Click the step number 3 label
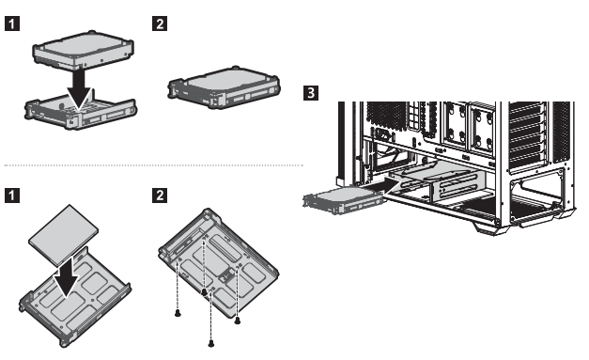[310, 92]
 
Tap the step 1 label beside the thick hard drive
[12, 23]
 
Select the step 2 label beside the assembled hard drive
[160, 23]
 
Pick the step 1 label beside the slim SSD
[12, 196]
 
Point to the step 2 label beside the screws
[160, 196]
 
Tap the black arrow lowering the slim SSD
[67, 277]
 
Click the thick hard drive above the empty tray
[83, 51]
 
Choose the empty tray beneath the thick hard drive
[80, 112]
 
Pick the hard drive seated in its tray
[224, 88]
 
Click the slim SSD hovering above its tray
[63, 235]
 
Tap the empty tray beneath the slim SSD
[75, 297]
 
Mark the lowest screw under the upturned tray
[211, 343]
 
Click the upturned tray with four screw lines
[219, 263]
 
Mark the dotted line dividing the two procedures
[153, 165]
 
